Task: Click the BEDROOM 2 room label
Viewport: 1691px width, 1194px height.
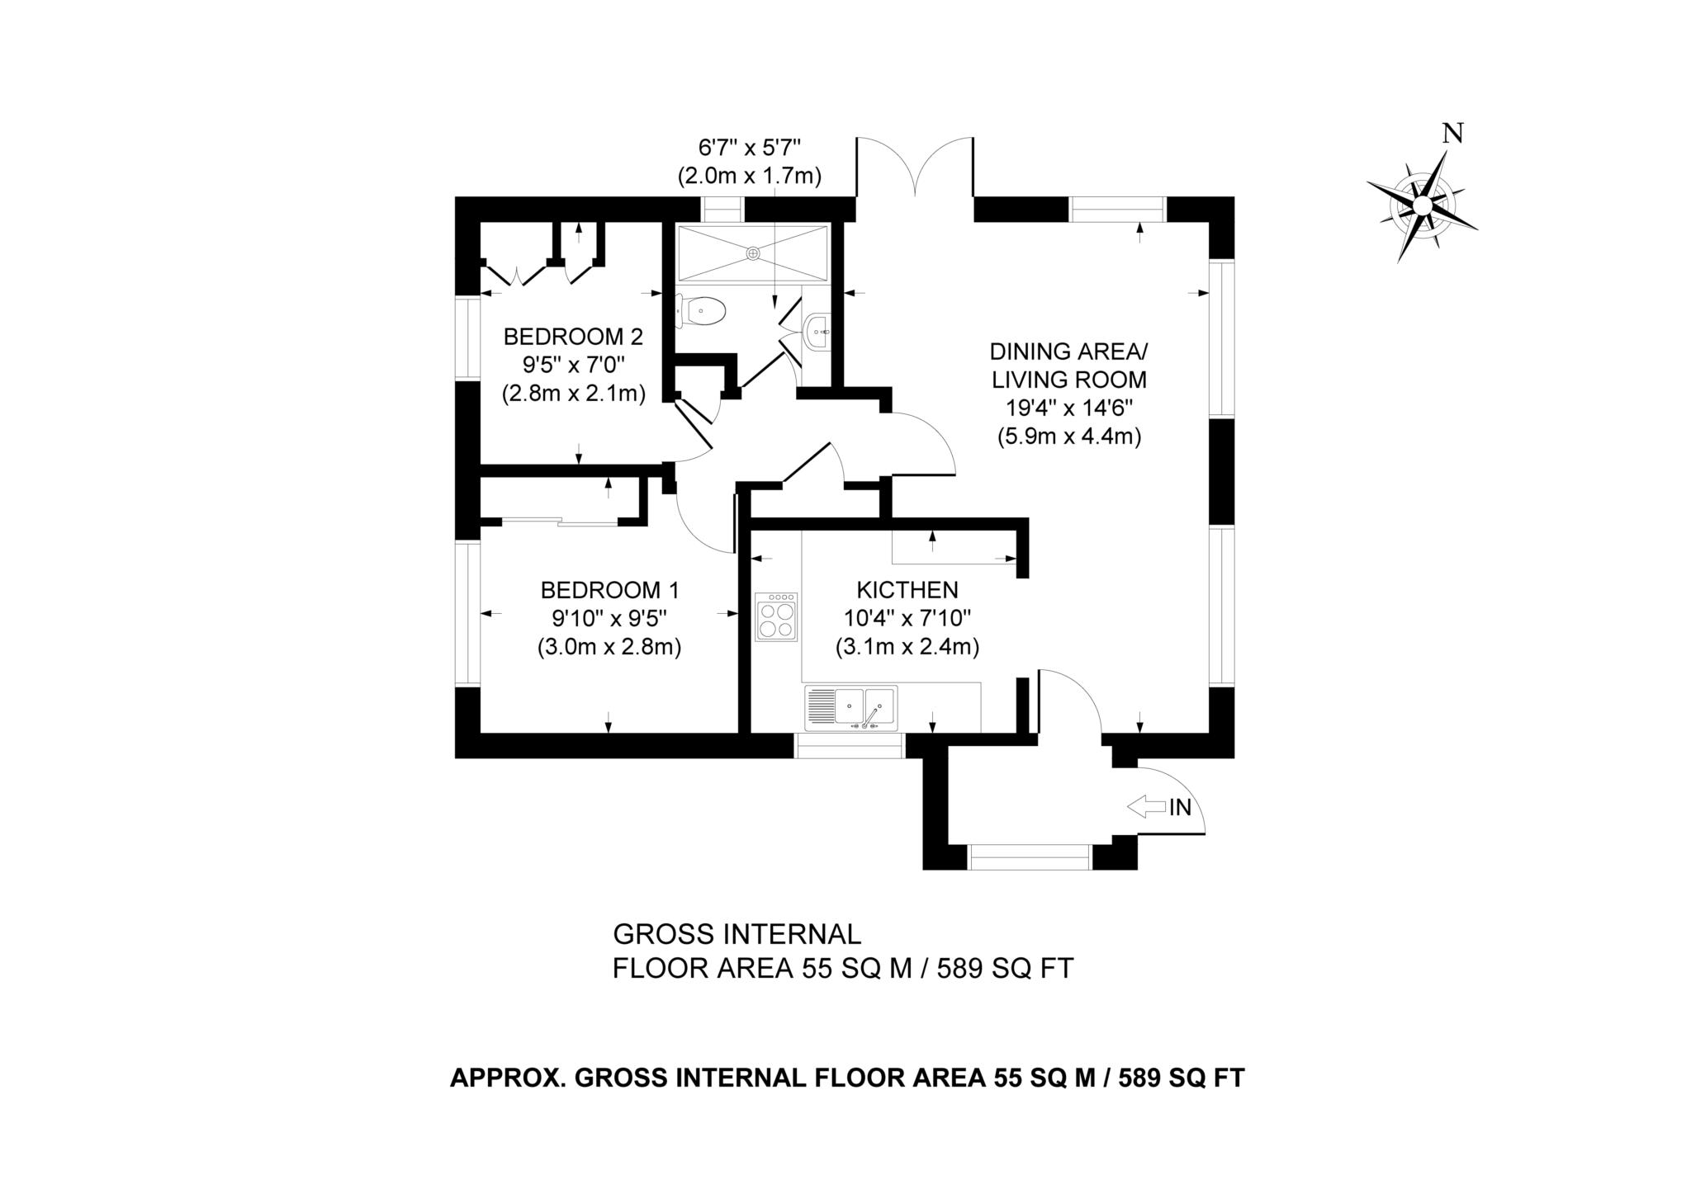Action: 572,337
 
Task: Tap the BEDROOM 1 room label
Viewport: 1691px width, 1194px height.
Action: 609,590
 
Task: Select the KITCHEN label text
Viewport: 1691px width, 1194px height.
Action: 907,590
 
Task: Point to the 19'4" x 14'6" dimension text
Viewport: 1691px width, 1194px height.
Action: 1068,408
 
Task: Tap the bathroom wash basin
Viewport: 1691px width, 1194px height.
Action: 817,333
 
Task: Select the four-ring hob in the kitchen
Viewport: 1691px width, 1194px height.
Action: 776,617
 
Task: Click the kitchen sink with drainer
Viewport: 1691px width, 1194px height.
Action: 851,707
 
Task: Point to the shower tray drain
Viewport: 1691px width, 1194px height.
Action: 753,253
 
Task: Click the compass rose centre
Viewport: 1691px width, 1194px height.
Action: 1422,205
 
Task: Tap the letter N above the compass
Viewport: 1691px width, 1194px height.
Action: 1452,135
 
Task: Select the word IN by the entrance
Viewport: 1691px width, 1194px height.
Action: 1181,808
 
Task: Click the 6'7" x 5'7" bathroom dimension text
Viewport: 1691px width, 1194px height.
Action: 750,149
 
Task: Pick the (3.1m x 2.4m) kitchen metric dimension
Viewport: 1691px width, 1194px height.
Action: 907,647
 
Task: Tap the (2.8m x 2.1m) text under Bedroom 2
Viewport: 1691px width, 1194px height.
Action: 573,394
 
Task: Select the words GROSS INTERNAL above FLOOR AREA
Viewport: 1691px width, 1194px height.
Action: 737,934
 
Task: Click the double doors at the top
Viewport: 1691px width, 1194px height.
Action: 915,168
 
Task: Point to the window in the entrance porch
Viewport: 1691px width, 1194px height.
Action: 1030,857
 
